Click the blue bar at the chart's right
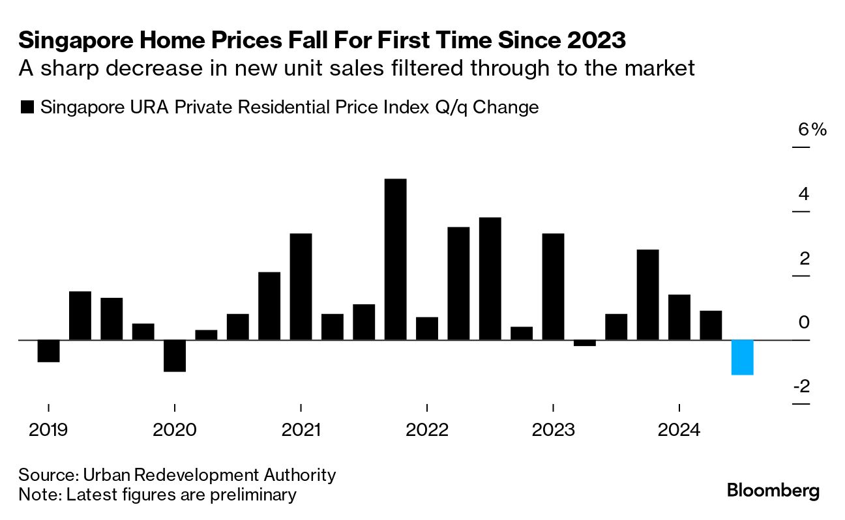pos(742,357)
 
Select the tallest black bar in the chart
pos(395,259)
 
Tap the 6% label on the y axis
pos(812,130)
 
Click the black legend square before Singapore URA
pos(27,108)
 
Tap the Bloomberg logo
pos(773,490)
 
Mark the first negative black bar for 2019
pos(48,351)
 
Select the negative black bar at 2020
pos(174,355)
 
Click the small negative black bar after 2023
pos(584,343)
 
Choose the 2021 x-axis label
pos(301,430)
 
